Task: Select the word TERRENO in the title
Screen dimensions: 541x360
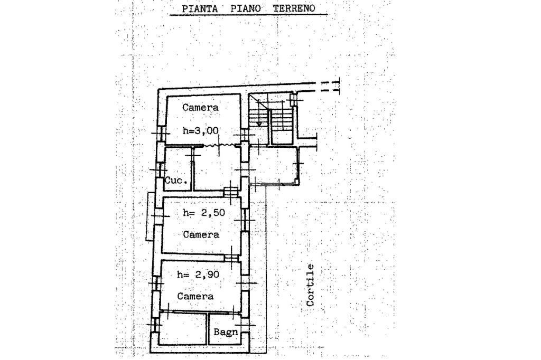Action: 293,8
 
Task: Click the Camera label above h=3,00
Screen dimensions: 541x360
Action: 201,107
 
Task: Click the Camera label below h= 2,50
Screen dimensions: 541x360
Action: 201,234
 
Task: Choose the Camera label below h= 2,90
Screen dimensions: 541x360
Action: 195,296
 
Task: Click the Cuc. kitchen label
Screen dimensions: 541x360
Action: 176,181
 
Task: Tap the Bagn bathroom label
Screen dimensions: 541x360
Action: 226,332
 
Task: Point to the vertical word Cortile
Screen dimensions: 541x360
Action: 311,285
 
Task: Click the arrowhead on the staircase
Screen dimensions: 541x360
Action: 259,124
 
